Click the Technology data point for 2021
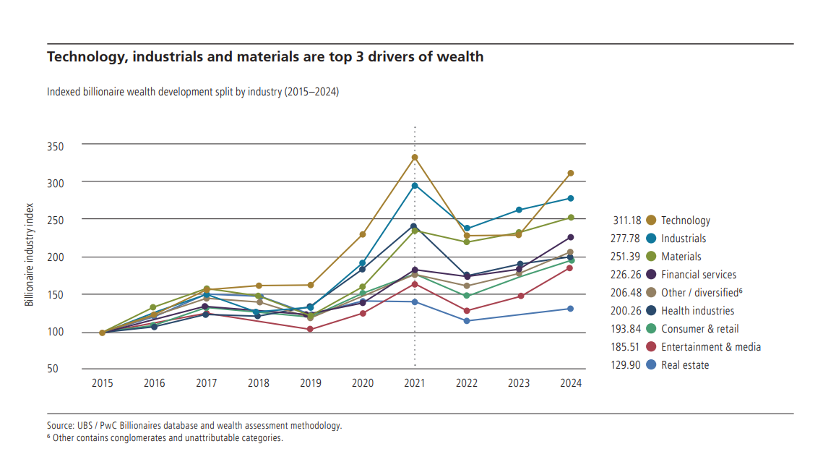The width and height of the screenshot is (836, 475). (415, 158)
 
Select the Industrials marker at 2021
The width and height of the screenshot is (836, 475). (415, 186)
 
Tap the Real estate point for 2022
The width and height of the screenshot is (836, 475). (467, 321)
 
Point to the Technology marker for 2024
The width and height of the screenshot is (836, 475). (571, 174)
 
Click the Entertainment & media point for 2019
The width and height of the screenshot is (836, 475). (311, 330)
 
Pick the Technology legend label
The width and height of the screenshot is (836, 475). (686, 221)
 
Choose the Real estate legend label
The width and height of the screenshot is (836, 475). (685, 365)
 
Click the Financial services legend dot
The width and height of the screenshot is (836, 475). (651, 275)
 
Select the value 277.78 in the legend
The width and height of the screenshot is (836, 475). (626, 239)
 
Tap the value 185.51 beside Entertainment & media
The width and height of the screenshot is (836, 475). (626, 347)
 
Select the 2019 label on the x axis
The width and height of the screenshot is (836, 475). (311, 383)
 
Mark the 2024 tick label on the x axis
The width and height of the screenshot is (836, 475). (571, 383)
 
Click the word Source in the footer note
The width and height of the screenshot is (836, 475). (61, 426)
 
